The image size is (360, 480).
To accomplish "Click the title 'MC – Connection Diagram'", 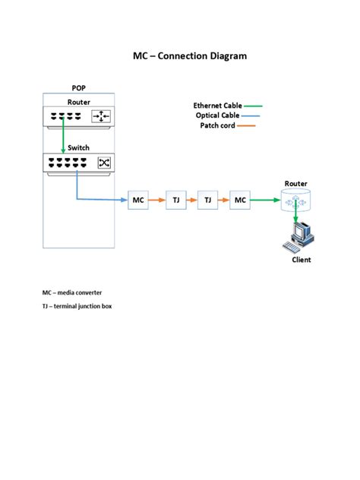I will [x=190, y=56].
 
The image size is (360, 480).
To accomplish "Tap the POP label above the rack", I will [x=79, y=88].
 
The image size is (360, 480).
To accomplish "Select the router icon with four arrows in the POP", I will [x=102, y=116].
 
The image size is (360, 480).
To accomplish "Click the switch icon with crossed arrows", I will [x=103, y=162].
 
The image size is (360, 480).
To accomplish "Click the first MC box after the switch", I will [x=138, y=200].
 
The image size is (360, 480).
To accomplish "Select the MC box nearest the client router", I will [x=241, y=200].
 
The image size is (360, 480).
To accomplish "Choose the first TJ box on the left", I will [x=175, y=200].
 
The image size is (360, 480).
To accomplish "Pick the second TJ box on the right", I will [x=207, y=200].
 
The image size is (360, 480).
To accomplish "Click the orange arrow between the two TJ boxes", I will [x=191, y=200].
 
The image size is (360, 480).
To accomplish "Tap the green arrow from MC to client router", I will [x=266, y=200].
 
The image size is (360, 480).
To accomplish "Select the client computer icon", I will [x=298, y=237].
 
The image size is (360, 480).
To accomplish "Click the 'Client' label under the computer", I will [x=302, y=260].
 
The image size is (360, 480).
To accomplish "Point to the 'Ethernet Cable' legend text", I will [x=217, y=106].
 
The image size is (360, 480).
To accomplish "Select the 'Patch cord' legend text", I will [x=217, y=125].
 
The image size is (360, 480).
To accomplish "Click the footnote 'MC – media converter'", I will [x=72, y=292].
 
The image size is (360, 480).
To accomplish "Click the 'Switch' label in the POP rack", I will [x=78, y=147].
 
